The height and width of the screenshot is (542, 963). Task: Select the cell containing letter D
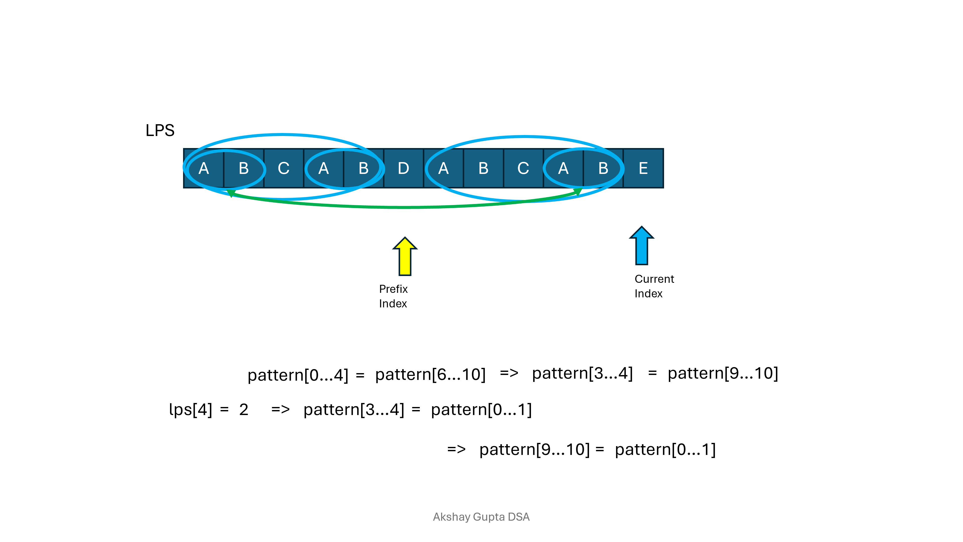(x=403, y=168)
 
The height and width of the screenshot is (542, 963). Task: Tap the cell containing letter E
(x=643, y=168)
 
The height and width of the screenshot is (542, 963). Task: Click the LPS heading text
(x=160, y=130)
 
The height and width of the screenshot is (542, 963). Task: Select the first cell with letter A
(x=204, y=168)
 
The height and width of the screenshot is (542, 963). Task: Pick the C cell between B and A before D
(x=284, y=168)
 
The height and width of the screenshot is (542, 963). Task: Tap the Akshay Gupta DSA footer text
(x=481, y=517)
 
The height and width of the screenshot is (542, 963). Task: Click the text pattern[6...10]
(x=430, y=374)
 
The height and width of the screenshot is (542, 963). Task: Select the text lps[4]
(x=191, y=410)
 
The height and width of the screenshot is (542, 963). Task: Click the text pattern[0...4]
(x=298, y=375)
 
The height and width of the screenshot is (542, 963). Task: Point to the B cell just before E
(x=603, y=168)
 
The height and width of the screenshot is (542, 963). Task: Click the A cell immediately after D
(x=443, y=168)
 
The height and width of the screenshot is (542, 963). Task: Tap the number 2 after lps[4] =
(x=244, y=410)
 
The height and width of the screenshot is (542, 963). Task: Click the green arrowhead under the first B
(x=231, y=193)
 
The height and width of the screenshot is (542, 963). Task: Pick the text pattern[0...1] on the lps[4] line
(x=481, y=410)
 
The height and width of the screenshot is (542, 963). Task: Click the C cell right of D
(x=523, y=168)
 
